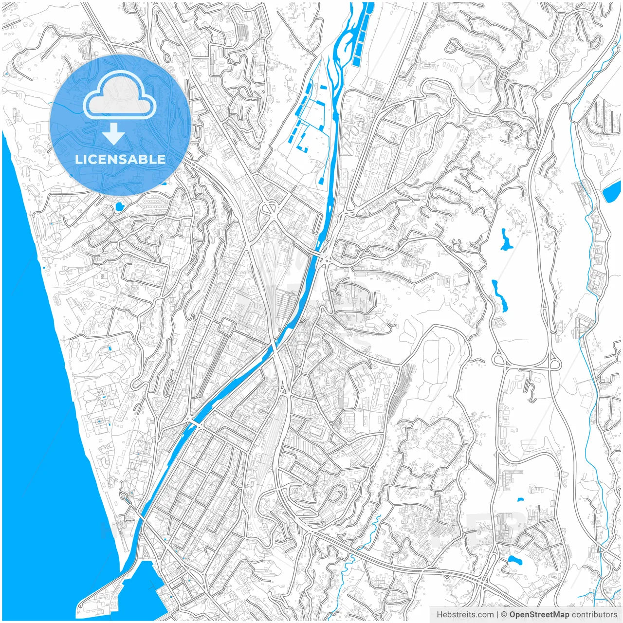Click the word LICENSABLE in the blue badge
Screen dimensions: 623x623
click(x=120, y=159)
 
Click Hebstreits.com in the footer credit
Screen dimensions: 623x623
click(x=465, y=614)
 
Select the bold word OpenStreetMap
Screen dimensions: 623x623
click(x=539, y=614)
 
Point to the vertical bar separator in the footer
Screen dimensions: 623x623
click(x=497, y=614)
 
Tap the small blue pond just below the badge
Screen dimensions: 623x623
click(x=118, y=208)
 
